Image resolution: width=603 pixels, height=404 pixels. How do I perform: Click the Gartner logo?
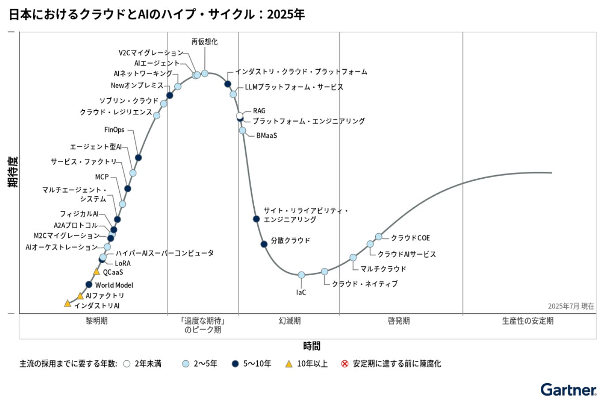pos(568,389)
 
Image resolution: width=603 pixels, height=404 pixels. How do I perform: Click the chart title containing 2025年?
pos(157,14)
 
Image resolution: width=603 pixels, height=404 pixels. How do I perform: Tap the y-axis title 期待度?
pos(13,172)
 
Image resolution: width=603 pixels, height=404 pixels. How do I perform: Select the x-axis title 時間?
pos(312,346)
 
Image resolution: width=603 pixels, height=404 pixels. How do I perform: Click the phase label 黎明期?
pos(96,321)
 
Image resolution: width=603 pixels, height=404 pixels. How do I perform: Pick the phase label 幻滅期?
pos(290,321)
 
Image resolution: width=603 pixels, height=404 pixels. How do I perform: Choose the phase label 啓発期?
pos(399,321)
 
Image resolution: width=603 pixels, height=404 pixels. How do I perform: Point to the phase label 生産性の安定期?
pos(528,321)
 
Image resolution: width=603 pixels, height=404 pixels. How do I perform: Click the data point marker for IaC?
pos(301,275)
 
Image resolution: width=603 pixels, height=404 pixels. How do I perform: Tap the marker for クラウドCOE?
pos(379,236)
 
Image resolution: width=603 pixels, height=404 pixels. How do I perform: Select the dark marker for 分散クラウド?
pos(264,244)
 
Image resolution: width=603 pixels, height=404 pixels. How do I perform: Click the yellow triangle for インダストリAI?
pos(68,303)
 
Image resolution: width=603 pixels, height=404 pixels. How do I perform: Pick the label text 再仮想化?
pos(204,41)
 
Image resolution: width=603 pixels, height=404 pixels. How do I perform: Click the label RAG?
pos(259,111)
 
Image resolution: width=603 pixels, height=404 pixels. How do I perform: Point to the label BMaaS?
pos(267,135)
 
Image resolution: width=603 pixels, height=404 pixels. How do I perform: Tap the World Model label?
pos(114,285)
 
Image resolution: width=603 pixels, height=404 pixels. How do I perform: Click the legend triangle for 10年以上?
pos(289,364)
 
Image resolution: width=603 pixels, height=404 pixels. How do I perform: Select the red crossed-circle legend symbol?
pos(345,364)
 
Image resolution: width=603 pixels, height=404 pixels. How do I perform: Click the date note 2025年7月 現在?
pos(571,306)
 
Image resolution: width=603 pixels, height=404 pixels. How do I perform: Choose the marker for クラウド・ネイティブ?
pos(324,272)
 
